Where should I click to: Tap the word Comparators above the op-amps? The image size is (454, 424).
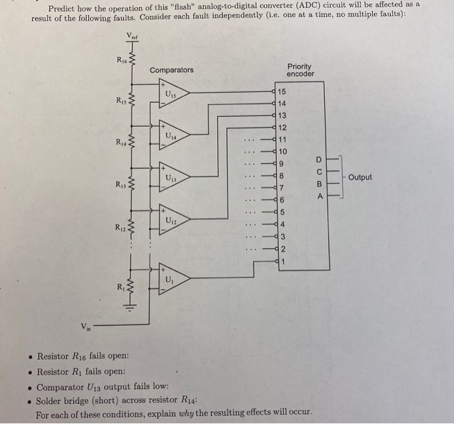coord(171,70)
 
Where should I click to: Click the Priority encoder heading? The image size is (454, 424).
coord(300,70)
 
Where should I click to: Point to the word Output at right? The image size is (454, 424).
coord(360,177)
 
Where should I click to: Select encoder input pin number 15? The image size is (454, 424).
coord(282,93)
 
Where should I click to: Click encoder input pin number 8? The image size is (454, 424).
coord(282,176)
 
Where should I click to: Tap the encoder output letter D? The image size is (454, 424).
coord(318,159)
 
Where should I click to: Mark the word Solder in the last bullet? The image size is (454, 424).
coord(49,401)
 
